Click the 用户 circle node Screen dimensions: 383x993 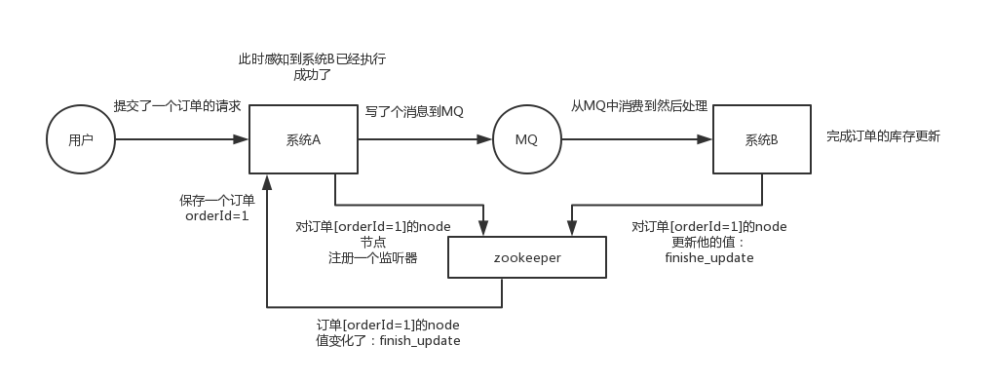(81, 140)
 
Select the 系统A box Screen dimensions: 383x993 (304, 140)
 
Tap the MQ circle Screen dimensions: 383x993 (526, 140)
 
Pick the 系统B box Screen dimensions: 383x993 (761, 140)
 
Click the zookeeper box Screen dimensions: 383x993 (527, 258)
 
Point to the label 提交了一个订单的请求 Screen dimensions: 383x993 (177, 105)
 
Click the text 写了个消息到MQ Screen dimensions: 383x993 (414, 111)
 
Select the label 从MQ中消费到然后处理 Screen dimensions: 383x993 (639, 105)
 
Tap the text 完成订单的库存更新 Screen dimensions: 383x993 (883, 136)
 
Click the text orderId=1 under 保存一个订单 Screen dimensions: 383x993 (217, 216)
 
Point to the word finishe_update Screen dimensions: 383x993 (709, 258)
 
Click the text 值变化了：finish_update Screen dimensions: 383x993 (388, 341)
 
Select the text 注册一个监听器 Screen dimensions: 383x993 (366, 258)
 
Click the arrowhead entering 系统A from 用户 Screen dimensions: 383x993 (244, 140)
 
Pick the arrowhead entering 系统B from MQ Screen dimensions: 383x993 (707, 140)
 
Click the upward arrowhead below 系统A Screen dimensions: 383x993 (267, 181)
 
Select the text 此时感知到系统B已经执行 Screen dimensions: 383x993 (312, 59)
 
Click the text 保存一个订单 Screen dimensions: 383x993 (217, 200)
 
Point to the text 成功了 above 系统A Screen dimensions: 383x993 (312, 75)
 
